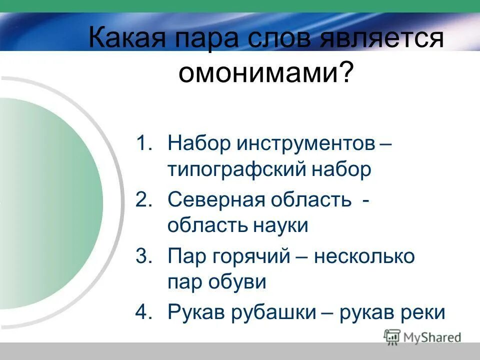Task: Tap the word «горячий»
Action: click(x=260, y=256)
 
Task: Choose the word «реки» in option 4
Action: click(x=425, y=312)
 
